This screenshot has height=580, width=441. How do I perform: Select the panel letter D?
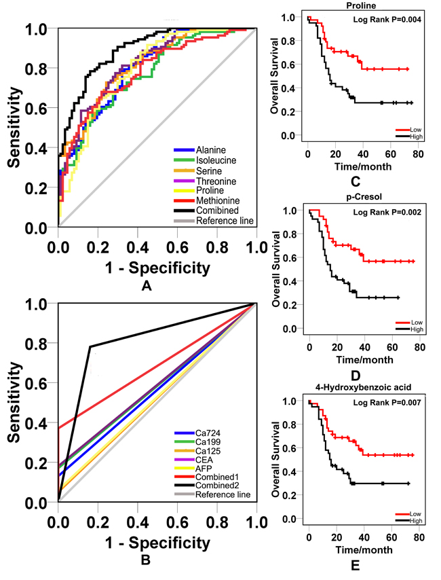pos(355,374)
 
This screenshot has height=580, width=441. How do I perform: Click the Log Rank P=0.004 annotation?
pos(383,20)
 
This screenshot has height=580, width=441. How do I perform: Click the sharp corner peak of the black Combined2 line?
pos(90,346)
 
